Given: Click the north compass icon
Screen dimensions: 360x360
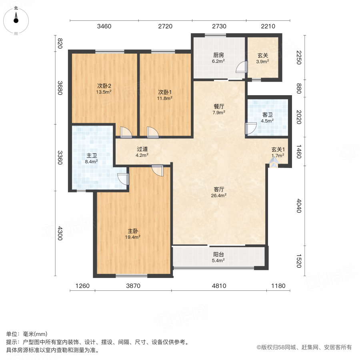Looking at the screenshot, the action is (16, 21).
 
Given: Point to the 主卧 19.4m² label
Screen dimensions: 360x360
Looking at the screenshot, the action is (133, 234).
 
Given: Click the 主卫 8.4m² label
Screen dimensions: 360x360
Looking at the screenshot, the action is (91, 158).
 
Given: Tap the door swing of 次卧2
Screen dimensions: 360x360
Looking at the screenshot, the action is (126, 132).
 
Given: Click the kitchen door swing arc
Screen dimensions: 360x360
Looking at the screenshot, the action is (242, 67).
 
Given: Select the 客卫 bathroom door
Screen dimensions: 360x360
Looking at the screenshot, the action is (251, 128).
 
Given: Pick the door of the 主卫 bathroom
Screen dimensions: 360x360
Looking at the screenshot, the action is (123, 179).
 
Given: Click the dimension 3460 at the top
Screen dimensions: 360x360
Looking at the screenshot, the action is (104, 26).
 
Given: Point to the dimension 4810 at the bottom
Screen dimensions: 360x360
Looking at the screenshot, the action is (219, 286).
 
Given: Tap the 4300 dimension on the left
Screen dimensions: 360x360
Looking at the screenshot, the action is (60, 233).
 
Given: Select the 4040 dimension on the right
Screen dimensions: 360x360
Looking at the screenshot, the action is (299, 206).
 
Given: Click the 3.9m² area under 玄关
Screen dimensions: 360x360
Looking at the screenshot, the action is (262, 62).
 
